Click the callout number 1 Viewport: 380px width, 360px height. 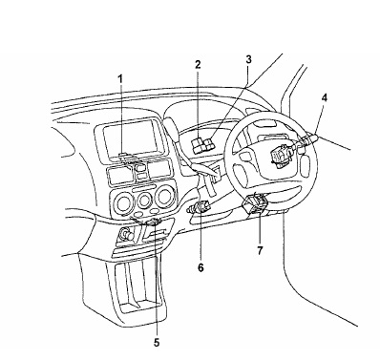pos(120,79)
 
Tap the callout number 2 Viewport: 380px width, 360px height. pos(198,65)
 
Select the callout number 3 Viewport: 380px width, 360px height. pos(248,59)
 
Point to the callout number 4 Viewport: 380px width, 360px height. pos(325,97)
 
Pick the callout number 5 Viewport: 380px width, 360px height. pos(157,343)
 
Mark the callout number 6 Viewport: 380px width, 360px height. pos(201,267)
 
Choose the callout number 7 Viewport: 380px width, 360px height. pos(260,250)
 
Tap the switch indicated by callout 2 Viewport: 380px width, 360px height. pos(197,143)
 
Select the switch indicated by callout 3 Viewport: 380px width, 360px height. pos(210,143)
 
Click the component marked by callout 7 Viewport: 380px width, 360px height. pos(256,203)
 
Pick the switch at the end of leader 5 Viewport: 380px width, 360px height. pos(154,222)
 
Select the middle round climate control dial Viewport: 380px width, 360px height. pos(144,200)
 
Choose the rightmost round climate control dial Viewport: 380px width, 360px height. pos(165,197)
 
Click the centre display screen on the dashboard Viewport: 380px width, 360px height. pos(131,138)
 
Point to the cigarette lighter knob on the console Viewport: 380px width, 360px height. pos(125,236)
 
